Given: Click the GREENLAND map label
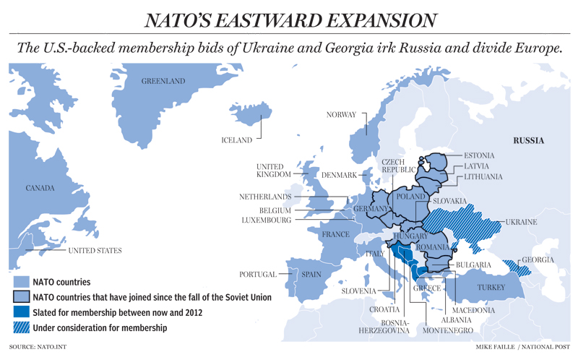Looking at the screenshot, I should coord(163,81).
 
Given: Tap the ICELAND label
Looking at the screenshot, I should coord(237,140).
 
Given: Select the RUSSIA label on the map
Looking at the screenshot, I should coord(528,140).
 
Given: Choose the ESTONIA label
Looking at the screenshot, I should coord(479,155).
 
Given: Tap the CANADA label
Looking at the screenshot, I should coord(40,189).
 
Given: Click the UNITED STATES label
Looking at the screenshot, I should coord(95,251).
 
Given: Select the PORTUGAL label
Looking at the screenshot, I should coord(258,275).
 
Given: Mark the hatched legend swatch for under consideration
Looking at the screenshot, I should coord(22,328).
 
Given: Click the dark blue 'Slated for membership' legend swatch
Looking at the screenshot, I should coord(22,313).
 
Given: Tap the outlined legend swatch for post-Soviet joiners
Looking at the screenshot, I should coord(22,297).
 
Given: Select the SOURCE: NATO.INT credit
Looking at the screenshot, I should coord(33,348).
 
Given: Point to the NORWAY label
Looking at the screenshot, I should coord(341,115).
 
